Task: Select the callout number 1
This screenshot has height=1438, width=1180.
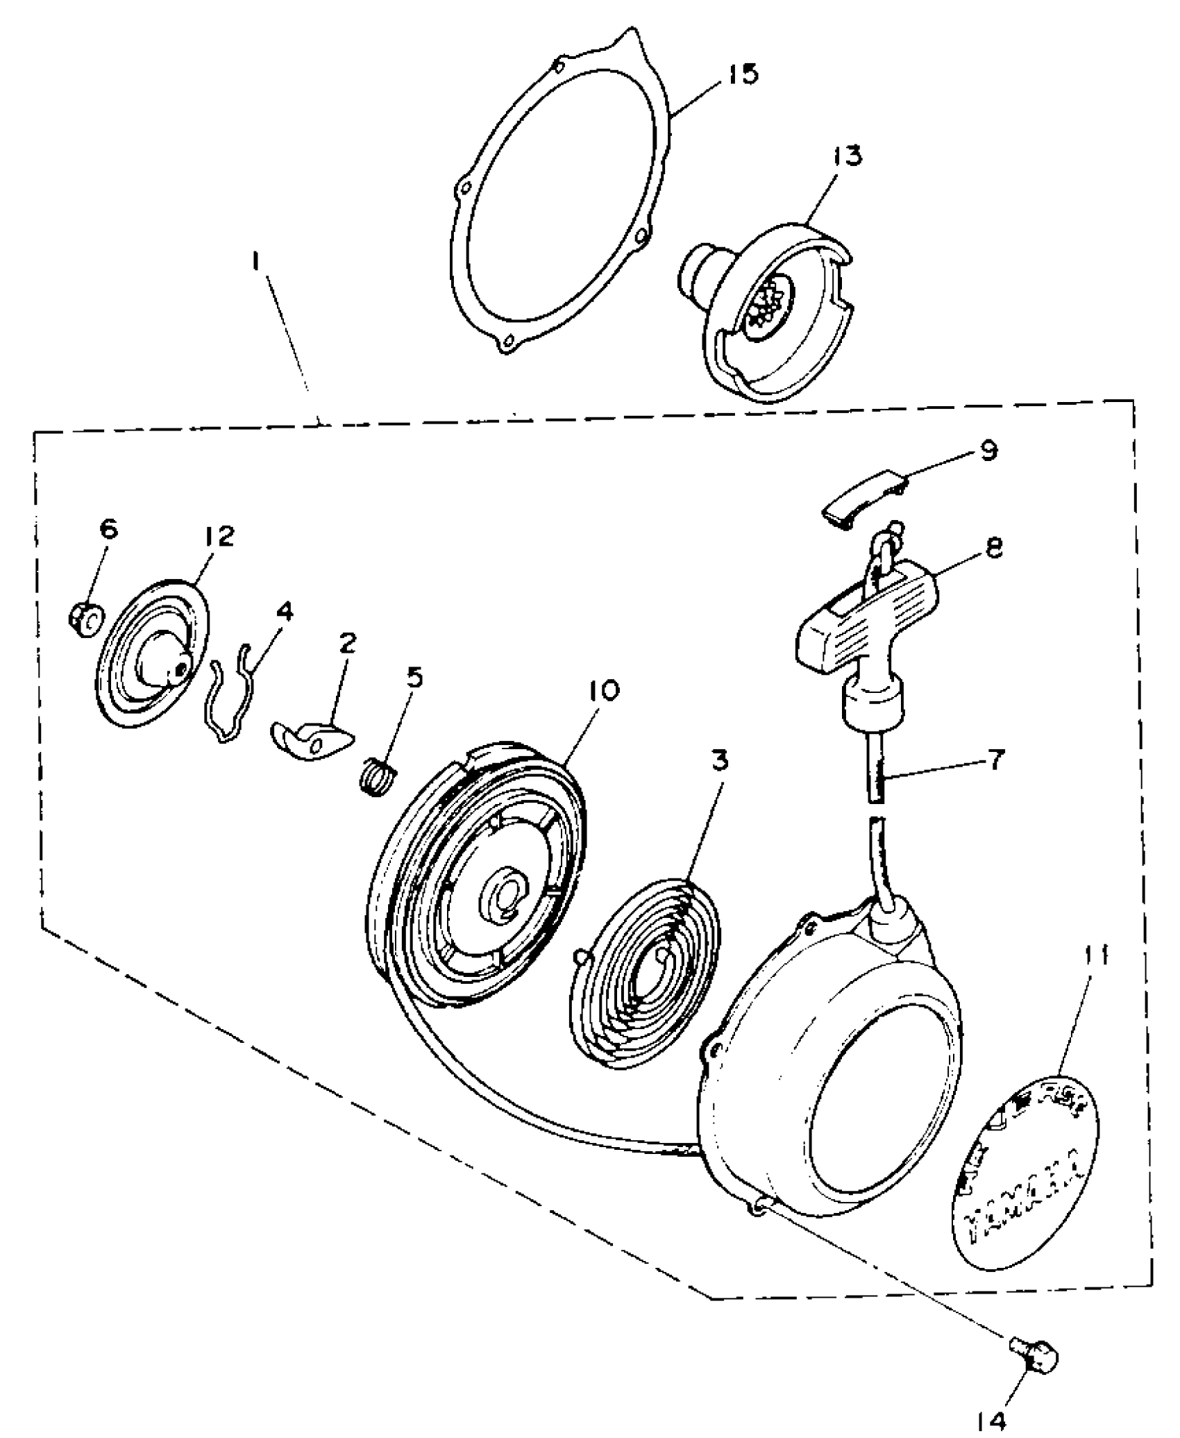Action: (x=257, y=262)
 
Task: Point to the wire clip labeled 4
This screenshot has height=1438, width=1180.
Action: (x=230, y=694)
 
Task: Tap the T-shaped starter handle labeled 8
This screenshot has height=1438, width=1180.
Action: (x=861, y=628)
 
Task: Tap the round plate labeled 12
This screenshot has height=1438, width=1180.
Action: (x=154, y=653)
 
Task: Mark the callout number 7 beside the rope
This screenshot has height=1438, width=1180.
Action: (x=995, y=760)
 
